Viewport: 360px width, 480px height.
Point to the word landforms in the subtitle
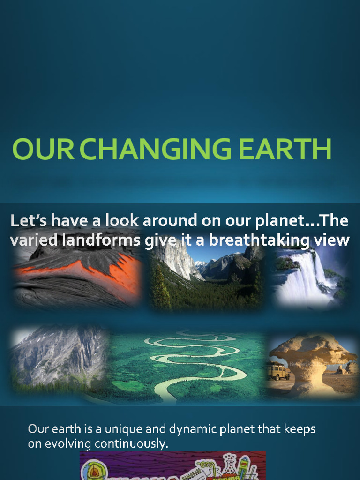coord(103,240)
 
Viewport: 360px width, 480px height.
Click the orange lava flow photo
coord(77,277)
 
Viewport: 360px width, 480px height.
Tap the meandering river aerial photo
coord(187,366)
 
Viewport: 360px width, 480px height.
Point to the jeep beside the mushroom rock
coord(277,372)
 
